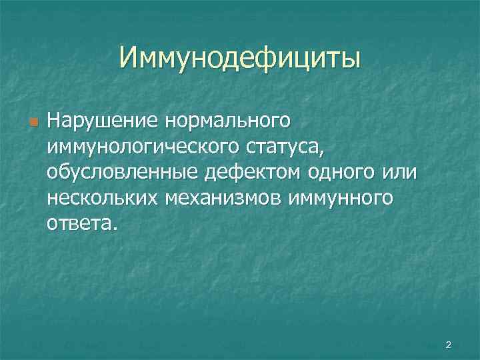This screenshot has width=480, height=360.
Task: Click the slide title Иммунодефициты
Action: [x=240, y=57]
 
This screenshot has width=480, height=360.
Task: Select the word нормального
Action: [x=219, y=122]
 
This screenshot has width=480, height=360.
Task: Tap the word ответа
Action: [x=79, y=223]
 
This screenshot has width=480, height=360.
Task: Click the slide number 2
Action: [x=448, y=345]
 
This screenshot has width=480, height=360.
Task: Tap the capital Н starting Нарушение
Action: [x=53, y=122]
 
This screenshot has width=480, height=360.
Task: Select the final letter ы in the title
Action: [x=350, y=59]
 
